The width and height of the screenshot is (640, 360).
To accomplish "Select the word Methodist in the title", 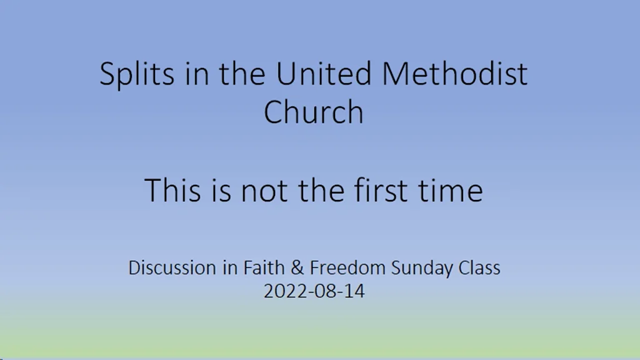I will (x=455, y=74).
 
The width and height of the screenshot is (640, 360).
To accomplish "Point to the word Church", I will (x=313, y=112).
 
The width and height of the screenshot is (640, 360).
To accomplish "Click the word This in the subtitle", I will (x=172, y=189).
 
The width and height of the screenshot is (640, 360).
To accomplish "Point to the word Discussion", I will (x=172, y=268).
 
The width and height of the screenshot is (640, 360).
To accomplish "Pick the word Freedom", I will (x=348, y=268).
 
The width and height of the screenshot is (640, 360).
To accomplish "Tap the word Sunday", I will (x=422, y=269).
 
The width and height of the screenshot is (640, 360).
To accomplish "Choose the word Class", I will (x=479, y=268).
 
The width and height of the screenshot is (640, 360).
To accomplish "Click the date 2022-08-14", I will (x=314, y=291).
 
